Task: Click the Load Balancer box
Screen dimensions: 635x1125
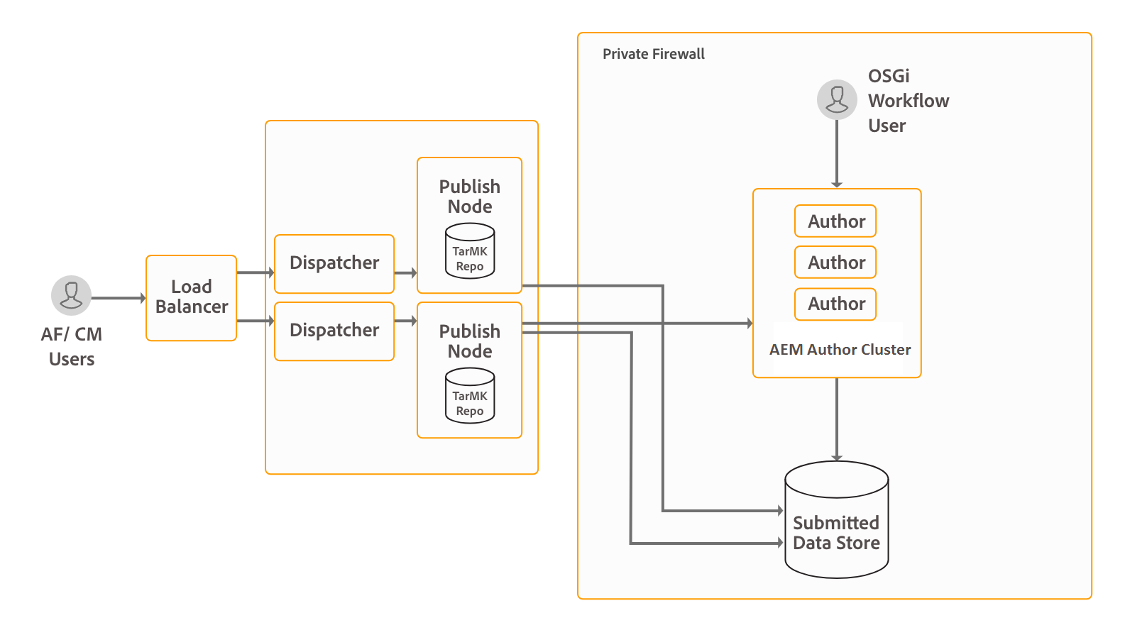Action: (191, 297)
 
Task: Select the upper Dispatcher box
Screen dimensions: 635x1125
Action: (334, 263)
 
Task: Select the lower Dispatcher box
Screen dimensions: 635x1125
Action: (334, 331)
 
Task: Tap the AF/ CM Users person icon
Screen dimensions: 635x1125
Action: (71, 295)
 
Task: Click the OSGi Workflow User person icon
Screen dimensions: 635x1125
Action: (837, 99)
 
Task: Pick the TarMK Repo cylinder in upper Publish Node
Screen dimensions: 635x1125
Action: (470, 251)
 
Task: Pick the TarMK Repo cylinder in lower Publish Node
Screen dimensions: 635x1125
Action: (470, 396)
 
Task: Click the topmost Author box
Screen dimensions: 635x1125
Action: (835, 221)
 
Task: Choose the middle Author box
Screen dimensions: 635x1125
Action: (835, 263)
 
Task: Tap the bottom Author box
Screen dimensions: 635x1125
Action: (835, 304)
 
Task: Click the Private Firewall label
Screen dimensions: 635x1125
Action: (653, 54)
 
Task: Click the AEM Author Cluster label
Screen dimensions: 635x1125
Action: (840, 350)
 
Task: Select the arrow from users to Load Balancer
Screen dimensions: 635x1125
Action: (118, 298)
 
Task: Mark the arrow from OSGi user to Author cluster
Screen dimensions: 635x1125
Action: (837, 153)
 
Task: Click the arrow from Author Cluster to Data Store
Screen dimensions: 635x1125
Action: (837, 419)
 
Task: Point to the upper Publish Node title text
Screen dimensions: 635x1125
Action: (470, 197)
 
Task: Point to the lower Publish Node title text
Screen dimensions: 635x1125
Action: (470, 341)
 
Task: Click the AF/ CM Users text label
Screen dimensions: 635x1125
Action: (71, 346)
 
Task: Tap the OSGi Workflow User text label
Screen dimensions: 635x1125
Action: (908, 101)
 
